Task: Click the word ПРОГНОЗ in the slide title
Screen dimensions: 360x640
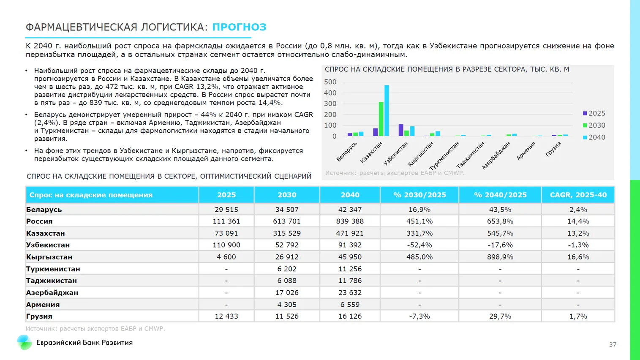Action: click(239, 27)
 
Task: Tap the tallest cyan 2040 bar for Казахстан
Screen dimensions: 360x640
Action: click(387, 111)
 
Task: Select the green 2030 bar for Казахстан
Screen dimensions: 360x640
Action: click(381, 119)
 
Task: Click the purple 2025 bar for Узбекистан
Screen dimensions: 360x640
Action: click(401, 130)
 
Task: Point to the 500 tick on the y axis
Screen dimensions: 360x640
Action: click(330, 82)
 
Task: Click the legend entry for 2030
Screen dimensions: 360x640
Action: click(594, 125)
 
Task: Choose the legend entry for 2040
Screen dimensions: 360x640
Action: click(594, 137)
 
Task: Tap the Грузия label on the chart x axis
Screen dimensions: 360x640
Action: click(553, 149)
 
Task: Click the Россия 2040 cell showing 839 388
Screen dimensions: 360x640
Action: click(350, 221)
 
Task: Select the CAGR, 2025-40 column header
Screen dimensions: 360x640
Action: click(578, 195)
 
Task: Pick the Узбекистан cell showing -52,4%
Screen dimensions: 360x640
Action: click(419, 245)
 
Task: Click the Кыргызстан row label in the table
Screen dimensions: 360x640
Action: click(49, 257)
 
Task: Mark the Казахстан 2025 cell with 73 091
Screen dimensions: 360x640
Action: click(226, 233)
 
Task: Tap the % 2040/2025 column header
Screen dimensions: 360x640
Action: click(500, 195)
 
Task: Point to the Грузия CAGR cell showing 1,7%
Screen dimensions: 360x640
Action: click(578, 316)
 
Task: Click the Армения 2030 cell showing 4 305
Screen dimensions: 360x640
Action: click(286, 305)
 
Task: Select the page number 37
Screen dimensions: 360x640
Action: click(613, 345)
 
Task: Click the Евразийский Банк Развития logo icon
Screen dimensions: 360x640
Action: click(25, 342)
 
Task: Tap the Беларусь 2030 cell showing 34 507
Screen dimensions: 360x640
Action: click(286, 210)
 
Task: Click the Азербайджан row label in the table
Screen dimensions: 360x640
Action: click(52, 293)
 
